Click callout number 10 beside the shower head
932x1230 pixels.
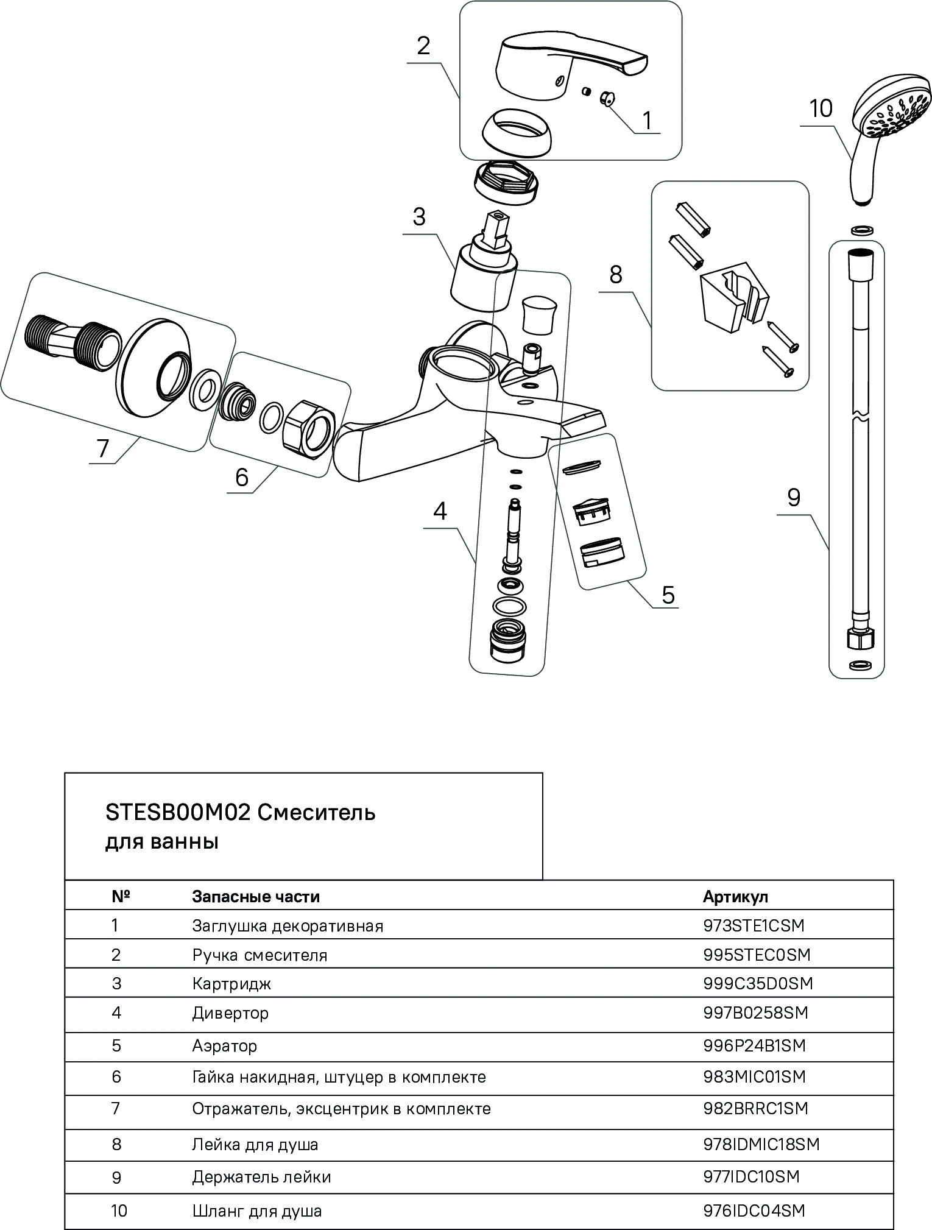pyautogui.click(x=821, y=109)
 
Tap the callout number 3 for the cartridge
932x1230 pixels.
pyautogui.click(x=419, y=217)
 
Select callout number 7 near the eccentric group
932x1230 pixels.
pyautogui.click(x=102, y=449)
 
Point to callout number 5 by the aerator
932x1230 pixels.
pyautogui.click(x=668, y=594)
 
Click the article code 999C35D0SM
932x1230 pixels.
pyautogui.click(x=758, y=983)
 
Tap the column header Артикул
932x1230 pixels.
pyautogui.click(x=735, y=896)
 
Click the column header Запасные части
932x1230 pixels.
pyautogui.click(x=256, y=896)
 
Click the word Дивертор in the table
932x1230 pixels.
pyautogui.click(x=230, y=1013)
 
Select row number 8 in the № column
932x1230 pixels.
pyautogui.click(x=117, y=1144)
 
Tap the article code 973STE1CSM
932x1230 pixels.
pyautogui.click(x=754, y=925)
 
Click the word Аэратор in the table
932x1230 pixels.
pyautogui.click(x=225, y=1045)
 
